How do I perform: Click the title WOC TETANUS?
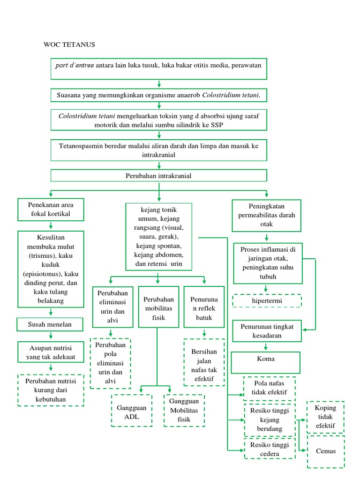pos(69,45)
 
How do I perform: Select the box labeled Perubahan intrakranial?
pos(159,176)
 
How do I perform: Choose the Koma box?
pos(266,360)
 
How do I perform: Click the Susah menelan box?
pos(50,324)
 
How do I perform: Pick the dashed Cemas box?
pos(326,451)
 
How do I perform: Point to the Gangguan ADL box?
pos(132,411)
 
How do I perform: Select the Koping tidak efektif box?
pos(326,417)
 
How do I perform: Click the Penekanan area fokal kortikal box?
pos(51,210)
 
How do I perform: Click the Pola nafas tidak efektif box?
pos(270,388)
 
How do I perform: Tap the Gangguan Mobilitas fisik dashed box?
pos(184,411)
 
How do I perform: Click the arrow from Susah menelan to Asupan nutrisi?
pos(51,336)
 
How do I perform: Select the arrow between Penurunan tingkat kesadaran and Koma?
pos(266,347)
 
